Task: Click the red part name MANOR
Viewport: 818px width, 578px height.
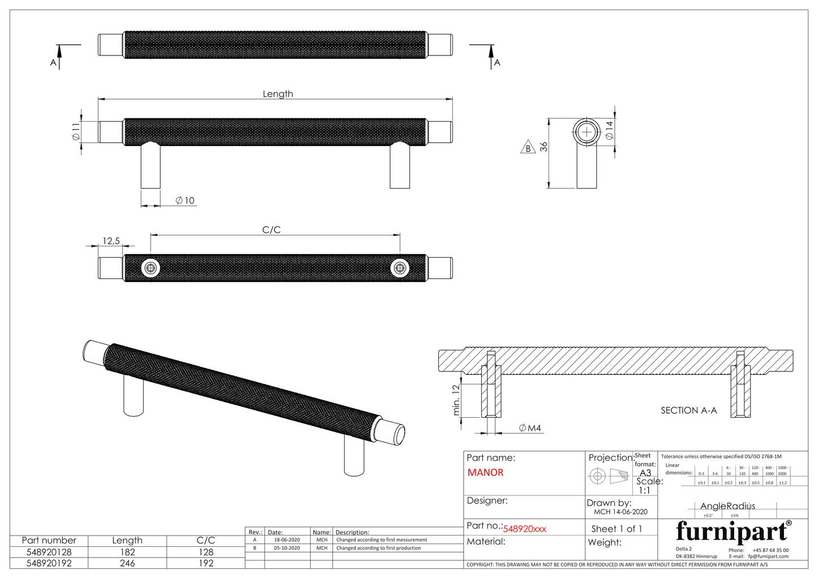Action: click(485, 473)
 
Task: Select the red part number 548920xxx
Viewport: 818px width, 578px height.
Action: click(525, 529)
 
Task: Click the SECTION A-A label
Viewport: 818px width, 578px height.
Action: click(688, 410)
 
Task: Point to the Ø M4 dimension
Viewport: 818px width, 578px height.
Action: click(530, 428)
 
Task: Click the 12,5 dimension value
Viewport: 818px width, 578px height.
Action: click(111, 241)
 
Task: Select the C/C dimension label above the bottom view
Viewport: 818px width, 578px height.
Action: click(272, 230)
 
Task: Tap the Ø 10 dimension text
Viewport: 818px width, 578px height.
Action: click(185, 200)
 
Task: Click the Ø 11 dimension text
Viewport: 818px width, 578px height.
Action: click(75, 132)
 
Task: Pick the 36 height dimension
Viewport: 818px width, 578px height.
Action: click(543, 147)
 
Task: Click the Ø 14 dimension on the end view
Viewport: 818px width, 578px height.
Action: click(609, 131)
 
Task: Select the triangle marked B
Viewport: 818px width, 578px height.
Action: click(528, 148)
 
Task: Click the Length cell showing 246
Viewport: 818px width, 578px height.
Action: click(127, 563)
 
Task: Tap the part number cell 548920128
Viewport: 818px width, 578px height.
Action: click(49, 552)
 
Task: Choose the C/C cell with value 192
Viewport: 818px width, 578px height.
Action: click(205, 563)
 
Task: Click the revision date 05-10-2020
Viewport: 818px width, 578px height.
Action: click(287, 548)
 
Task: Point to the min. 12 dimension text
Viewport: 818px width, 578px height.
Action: click(456, 400)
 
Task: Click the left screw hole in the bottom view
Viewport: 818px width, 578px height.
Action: click(151, 268)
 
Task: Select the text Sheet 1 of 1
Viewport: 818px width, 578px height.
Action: click(616, 529)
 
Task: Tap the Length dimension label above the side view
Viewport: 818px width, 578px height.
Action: click(278, 94)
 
